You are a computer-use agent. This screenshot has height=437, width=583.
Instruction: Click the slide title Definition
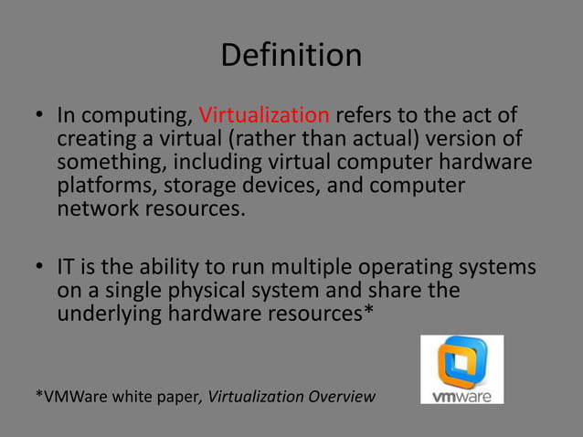pyautogui.click(x=291, y=56)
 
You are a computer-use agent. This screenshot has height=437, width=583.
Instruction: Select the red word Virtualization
pyautogui.click(x=264, y=117)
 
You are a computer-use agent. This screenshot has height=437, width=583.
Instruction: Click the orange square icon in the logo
pyautogui.click(x=461, y=360)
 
